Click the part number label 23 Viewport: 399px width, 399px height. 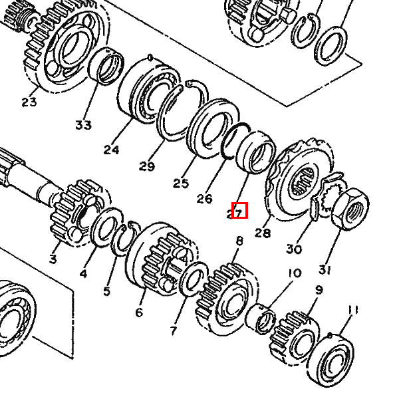pyautogui.click(x=29, y=102)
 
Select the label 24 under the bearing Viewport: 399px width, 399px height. pyautogui.click(x=111, y=150)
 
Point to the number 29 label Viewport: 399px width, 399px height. pyautogui.click(x=147, y=165)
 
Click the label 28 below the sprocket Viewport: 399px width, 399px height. pyautogui.click(x=263, y=233)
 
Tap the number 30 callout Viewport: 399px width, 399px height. pyautogui.click(x=294, y=249)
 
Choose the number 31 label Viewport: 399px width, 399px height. pyautogui.click(x=324, y=269)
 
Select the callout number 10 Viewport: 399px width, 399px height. pyautogui.click(x=294, y=273)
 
